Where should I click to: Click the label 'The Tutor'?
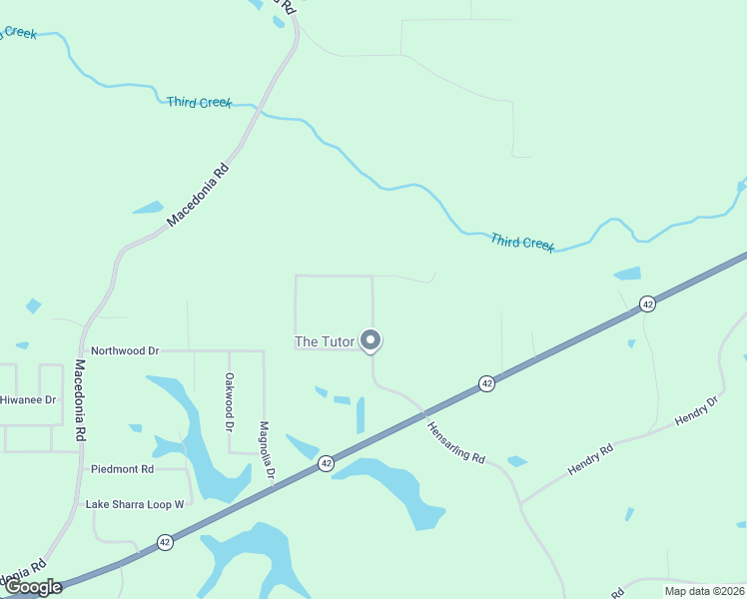coord(325,341)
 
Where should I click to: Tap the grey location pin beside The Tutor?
coord(371,340)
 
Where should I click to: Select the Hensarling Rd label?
coord(456,442)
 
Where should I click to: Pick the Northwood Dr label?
coord(125,351)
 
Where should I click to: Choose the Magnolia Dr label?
coord(266,450)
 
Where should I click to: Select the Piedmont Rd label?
coord(122,468)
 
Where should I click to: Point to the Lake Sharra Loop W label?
coord(135,504)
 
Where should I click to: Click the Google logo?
coord(33,587)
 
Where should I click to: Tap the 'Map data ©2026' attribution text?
coord(703,591)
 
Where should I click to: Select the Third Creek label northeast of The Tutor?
coord(522,243)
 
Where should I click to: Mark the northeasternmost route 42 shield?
coord(648,303)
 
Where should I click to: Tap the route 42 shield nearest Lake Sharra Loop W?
coord(165,542)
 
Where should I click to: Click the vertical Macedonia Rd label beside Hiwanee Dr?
coord(81,401)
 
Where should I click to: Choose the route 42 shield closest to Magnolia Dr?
coord(327,463)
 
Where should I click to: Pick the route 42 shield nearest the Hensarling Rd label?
coord(486,383)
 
